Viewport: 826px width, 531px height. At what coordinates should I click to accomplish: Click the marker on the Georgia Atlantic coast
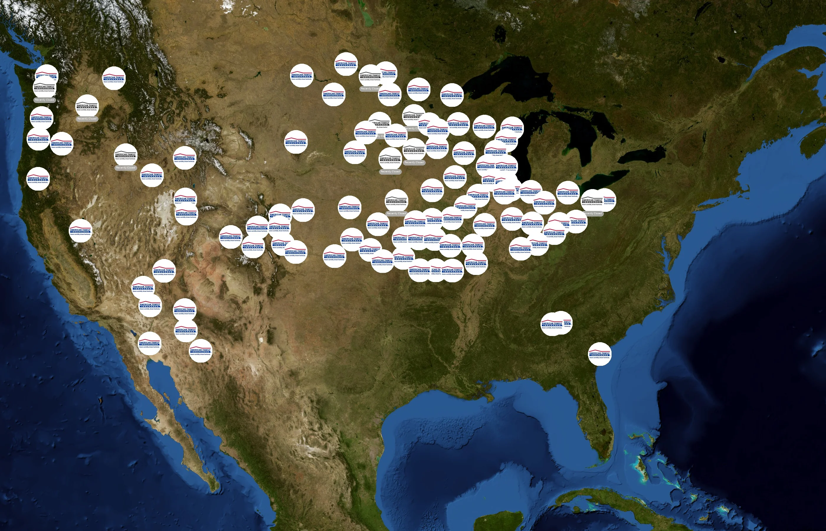(x=599, y=354)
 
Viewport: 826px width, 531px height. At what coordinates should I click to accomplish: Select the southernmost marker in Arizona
(x=200, y=351)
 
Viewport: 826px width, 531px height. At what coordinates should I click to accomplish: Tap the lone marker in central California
(x=80, y=231)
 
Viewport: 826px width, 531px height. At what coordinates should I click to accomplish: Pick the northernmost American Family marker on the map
(x=346, y=64)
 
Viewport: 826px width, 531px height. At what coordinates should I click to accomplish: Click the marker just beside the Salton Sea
(x=149, y=343)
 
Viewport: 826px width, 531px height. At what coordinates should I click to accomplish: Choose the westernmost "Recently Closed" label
(x=45, y=100)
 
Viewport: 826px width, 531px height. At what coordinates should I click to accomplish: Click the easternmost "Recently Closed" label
(x=593, y=214)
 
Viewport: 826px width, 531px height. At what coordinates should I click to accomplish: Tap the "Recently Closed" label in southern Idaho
(x=125, y=168)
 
